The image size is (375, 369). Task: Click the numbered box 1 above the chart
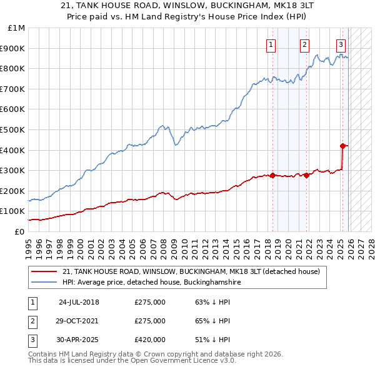click(271, 44)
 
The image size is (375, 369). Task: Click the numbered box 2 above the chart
click(304, 44)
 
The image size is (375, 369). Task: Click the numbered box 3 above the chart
click(341, 44)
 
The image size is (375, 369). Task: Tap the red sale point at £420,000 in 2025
click(342, 146)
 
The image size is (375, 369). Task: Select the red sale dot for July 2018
click(272, 176)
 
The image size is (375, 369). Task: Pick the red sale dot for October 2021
click(307, 176)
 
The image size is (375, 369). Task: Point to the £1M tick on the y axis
click(17, 28)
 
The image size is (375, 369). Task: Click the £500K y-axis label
click(14, 130)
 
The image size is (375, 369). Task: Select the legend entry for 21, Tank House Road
click(191, 272)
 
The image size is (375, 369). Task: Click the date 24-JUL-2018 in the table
click(79, 302)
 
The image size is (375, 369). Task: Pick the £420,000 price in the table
click(150, 340)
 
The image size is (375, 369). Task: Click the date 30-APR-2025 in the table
click(79, 340)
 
